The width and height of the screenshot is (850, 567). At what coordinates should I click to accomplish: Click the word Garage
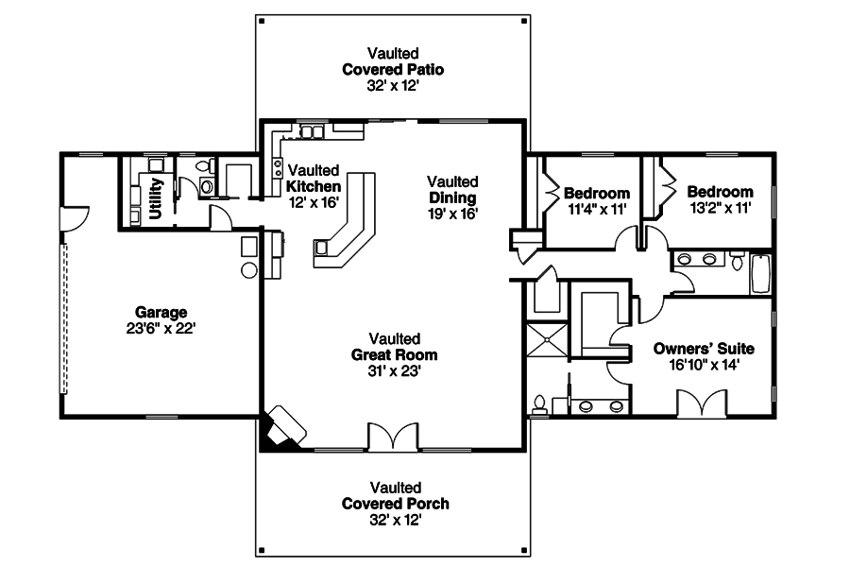pos(161,312)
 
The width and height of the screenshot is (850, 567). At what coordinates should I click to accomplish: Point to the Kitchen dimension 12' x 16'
pos(313,201)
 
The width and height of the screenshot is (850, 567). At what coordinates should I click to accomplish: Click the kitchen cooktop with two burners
pos(278,168)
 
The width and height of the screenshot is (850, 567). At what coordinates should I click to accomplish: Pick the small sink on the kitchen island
pos(323,248)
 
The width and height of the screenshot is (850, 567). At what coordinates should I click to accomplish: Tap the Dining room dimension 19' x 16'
pos(452,214)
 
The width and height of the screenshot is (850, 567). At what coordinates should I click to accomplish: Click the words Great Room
pos(395,354)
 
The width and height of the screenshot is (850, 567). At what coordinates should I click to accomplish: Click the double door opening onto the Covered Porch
pos(392,437)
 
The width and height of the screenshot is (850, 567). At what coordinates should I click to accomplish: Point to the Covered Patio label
pos(393,69)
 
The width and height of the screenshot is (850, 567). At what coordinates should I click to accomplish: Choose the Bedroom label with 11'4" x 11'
pos(596,194)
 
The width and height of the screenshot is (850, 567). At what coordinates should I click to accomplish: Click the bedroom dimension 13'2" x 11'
pos(719,209)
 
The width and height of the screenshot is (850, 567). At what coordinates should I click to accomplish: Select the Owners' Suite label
pos(704,348)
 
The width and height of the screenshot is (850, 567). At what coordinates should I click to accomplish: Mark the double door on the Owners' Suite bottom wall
pos(702,404)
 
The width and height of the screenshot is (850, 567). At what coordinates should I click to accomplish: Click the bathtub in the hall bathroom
pos(759,273)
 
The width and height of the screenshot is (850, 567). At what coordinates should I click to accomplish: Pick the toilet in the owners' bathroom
pos(539,405)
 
